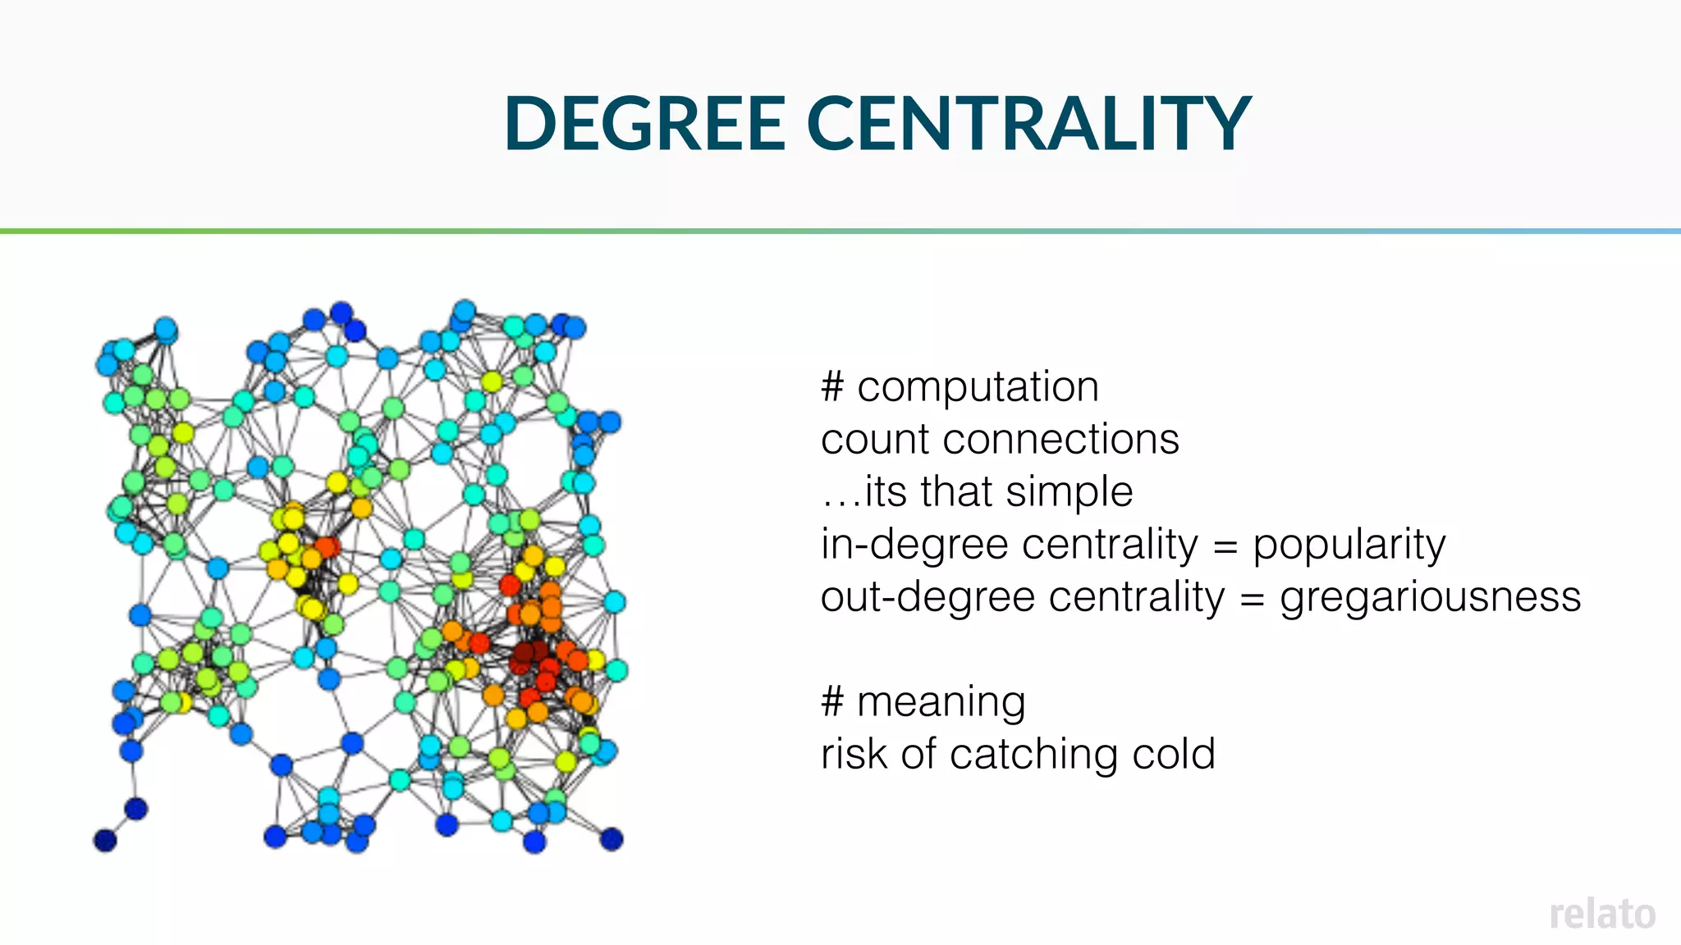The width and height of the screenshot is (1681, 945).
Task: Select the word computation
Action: coord(978,387)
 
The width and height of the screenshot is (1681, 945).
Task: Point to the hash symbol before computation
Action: coord(832,387)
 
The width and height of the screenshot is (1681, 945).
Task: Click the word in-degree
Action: coord(918,546)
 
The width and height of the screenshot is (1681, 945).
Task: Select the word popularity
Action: coord(1349,546)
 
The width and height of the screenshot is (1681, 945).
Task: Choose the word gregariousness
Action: coord(1430,598)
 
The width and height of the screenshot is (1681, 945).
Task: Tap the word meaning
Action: coord(941,703)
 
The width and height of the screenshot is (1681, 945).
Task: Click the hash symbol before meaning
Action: coord(832,702)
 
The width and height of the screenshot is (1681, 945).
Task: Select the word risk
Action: coord(853,755)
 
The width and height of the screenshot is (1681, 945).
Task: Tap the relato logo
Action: coord(1602,915)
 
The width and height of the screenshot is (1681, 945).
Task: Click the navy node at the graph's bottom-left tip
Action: coord(105,841)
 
